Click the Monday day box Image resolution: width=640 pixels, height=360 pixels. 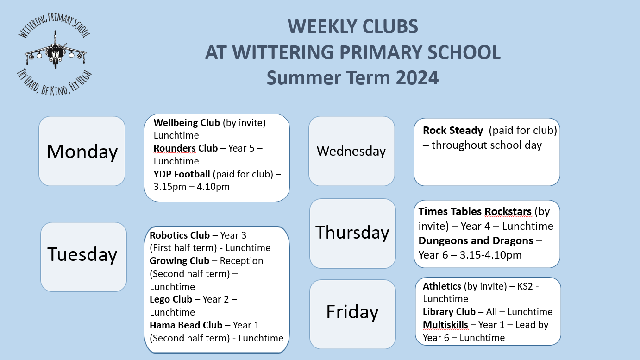(82, 151)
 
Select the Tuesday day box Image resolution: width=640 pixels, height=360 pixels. (83, 257)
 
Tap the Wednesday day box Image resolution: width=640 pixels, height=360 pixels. (351, 151)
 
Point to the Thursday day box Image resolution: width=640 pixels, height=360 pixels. (352, 234)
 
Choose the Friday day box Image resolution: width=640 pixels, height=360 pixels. (352, 314)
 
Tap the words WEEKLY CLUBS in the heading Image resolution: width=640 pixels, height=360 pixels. (352, 26)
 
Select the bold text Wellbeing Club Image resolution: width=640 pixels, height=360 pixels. (187, 123)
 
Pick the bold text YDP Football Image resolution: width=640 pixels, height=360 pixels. (182, 174)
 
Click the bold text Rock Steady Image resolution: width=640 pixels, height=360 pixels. (453, 130)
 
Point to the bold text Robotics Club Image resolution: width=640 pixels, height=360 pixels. (179, 235)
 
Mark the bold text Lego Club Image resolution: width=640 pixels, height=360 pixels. (171, 299)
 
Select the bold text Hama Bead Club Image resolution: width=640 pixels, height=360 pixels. (186, 325)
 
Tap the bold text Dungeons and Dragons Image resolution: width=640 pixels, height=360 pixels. (476, 241)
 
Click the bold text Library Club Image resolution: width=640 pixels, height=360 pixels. (449, 312)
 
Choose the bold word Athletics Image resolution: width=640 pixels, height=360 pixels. (442, 286)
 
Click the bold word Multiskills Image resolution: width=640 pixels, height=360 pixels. (445, 325)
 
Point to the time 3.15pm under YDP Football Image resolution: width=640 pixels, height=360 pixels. (169, 187)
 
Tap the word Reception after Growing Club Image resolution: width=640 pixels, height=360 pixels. (241, 261)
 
